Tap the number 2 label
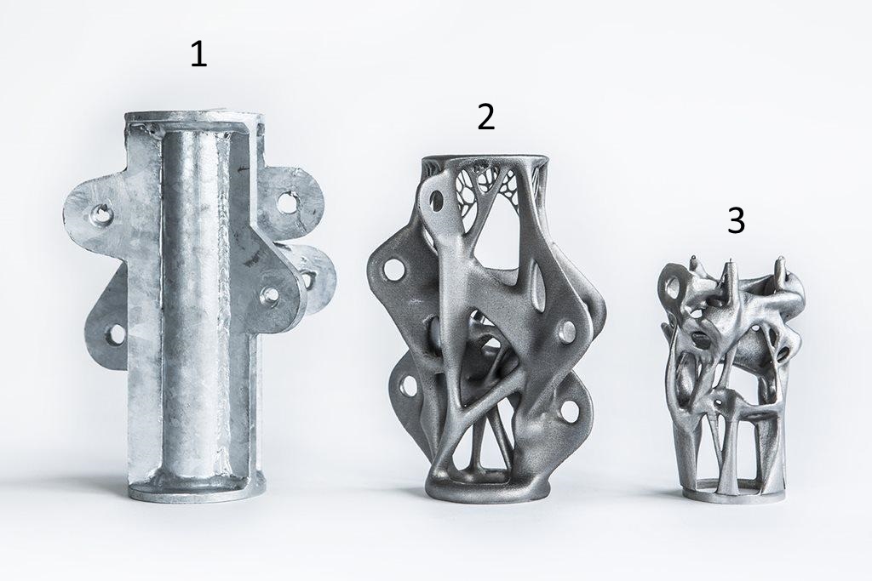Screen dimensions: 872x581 pos(486,117)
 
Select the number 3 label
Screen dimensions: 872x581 pos(736,220)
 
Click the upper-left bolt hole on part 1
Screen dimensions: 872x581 pos(101,212)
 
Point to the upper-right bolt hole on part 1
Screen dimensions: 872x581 pos(286,201)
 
